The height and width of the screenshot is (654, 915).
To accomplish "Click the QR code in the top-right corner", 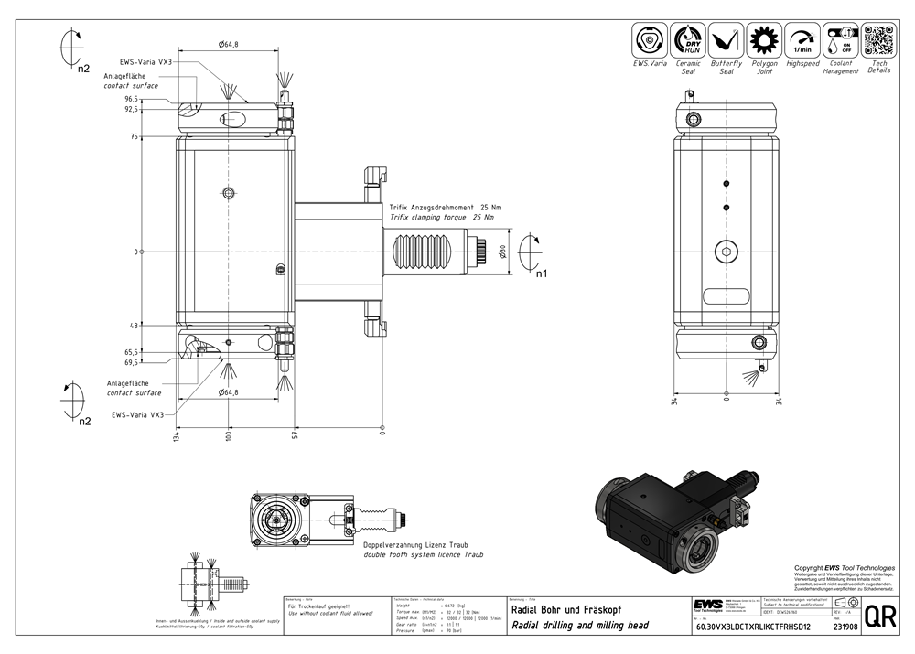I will (x=877, y=40).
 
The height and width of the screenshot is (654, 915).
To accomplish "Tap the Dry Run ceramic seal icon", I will (x=688, y=41).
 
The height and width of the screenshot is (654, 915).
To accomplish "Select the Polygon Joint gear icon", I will (x=764, y=41).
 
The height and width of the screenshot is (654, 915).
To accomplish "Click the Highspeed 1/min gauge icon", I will (x=802, y=41).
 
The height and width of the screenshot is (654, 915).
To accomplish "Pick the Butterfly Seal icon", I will (x=727, y=41).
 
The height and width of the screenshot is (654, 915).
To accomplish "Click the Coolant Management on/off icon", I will (x=840, y=41).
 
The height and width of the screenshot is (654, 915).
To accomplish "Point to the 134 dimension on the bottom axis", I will (x=176, y=443).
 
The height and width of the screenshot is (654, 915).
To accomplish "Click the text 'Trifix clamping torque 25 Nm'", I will (x=441, y=218).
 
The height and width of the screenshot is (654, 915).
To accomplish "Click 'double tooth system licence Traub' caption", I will (x=424, y=554).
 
